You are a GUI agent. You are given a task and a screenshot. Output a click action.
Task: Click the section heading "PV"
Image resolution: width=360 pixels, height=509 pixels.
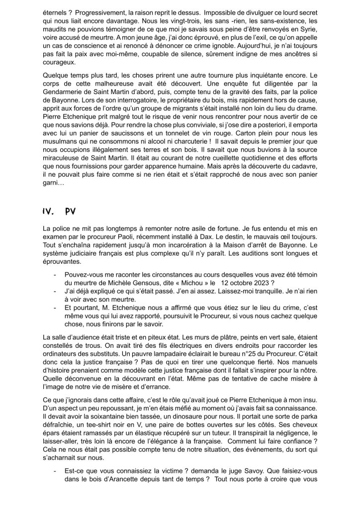[x=70, y=211]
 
